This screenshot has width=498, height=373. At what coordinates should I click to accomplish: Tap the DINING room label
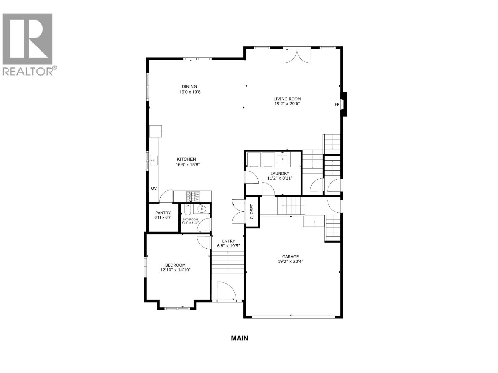pyautogui.click(x=189, y=87)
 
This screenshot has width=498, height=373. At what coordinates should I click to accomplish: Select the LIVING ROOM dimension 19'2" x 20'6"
pyautogui.click(x=287, y=104)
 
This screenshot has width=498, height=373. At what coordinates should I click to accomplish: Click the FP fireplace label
pyautogui.click(x=337, y=104)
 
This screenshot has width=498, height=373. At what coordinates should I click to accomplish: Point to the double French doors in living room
pyautogui.click(x=297, y=56)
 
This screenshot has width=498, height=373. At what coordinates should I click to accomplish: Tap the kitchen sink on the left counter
pyautogui.click(x=153, y=160)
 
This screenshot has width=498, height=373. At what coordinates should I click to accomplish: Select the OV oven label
pyautogui.click(x=154, y=188)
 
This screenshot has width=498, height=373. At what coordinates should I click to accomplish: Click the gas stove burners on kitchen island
pyautogui.click(x=193, y=197)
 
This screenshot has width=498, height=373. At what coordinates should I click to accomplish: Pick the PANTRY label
pyautogui.click(x=163, y=213)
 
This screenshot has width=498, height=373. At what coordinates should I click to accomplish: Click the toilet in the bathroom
pyautogui.click(x=187, y=210)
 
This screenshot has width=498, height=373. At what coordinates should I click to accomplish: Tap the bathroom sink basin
pyautogui.click(x=202, y=209)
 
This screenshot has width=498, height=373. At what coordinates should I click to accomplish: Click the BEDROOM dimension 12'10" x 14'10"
pyautogui.click(x=175, y=270)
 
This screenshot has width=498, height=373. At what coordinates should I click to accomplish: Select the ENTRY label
pyautogui.click(x=228, y=241)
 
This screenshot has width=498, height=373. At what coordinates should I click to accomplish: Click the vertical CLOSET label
pyautogui.click(x=252, y=212)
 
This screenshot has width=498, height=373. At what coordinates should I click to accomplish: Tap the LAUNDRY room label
pyautogui.click(x=280, y=173)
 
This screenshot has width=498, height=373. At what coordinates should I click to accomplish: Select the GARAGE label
pyautogui.click(x=290, y=257)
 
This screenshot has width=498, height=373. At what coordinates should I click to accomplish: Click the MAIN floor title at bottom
pyautogui.click(x=239, y=338)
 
